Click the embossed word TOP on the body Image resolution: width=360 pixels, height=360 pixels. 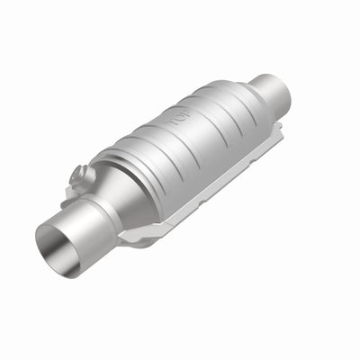pos(176,117)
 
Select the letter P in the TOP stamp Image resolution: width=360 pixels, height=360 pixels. pos(184,113)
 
